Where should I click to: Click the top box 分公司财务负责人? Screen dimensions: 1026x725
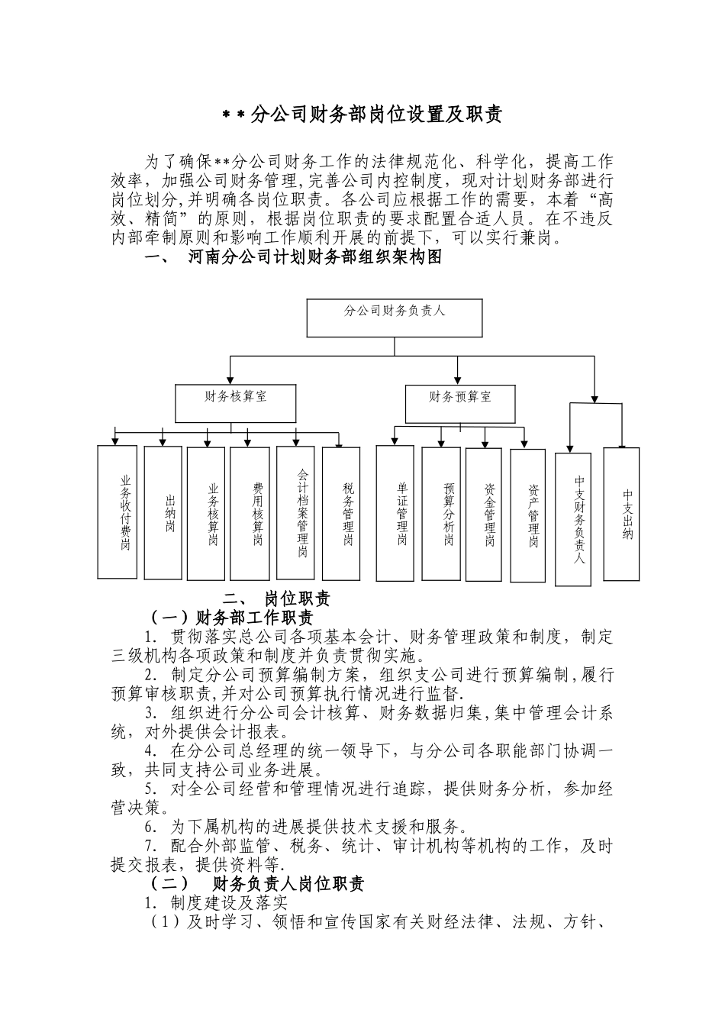click(x=394, y=318)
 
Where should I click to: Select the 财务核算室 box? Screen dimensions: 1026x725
click(x=236, y=404)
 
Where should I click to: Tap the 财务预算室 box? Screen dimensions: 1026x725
click(x=459, y=404)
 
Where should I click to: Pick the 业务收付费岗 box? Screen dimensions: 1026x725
click(x=118, y=512)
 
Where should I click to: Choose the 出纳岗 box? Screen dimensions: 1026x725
click(x=163, y=512)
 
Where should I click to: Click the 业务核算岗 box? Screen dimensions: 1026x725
click(x=206, y=512)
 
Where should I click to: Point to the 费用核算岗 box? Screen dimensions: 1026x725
click(x=250, y=512)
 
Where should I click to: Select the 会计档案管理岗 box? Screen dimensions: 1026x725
click(x=295, y=512)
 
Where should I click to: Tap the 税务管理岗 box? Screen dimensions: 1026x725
click(x=341, y=512)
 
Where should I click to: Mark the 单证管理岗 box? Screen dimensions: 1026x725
click(x=395, y=512)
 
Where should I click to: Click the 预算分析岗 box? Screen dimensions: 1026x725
click(x=441, y=512)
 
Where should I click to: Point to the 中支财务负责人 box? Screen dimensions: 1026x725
click(x=573, y=520)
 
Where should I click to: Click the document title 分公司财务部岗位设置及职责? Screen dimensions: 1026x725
click(x=362, y=115)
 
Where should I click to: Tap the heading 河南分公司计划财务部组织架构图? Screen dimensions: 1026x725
click(x=314, y=257)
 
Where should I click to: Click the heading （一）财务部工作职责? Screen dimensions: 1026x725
click(x=230, y=617)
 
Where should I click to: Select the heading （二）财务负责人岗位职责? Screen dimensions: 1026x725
click(x=256, y=884)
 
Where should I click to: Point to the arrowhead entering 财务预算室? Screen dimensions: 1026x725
click(x=457, y=379)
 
